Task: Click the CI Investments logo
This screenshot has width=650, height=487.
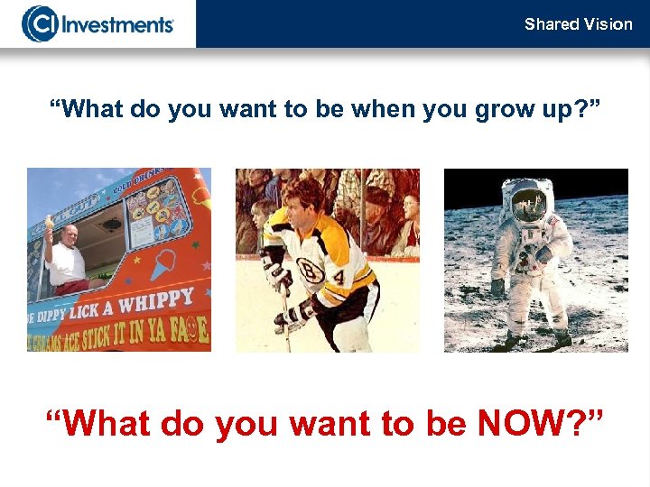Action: tap(97, 23)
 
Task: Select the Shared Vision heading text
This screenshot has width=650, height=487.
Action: tap(578, 24)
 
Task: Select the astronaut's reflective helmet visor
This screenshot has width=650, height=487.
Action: tap(529, 205)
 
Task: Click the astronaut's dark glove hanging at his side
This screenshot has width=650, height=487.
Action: tap(497, 288)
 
